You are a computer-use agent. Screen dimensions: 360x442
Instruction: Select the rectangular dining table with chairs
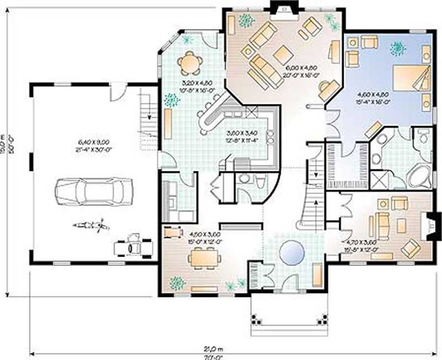pos(204,257)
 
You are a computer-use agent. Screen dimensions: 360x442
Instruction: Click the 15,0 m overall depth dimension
pos(5,147)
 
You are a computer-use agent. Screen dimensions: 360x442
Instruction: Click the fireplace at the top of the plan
pos(283,8)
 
